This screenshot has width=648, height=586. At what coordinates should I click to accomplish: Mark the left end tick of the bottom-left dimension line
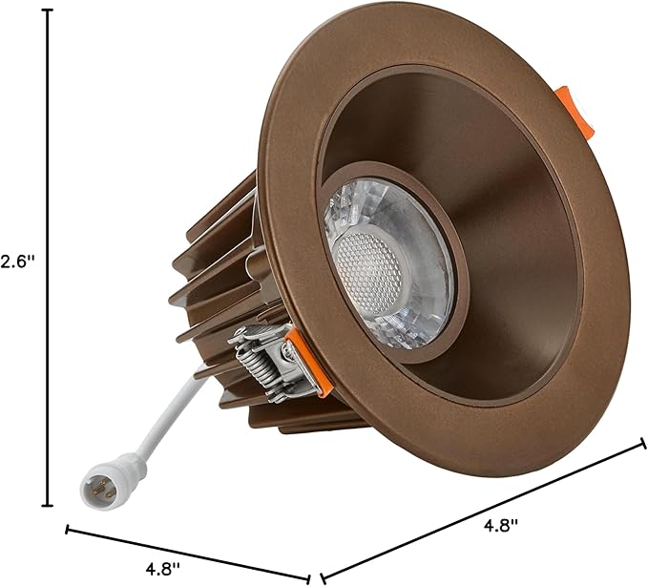coord(67,529)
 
